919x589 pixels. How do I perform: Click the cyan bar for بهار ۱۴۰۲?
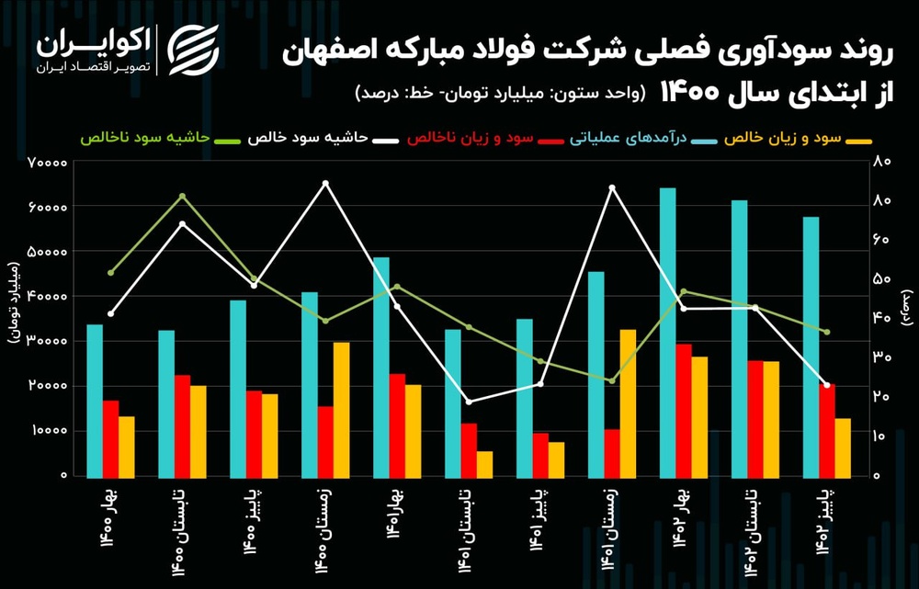pos(667,332)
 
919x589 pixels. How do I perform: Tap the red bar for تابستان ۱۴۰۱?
pos(470,449)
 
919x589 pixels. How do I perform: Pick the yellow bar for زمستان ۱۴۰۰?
pos(341,409)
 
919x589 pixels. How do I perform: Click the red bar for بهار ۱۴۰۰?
pos(110,438)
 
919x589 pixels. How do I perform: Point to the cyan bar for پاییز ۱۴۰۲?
pos(811,346)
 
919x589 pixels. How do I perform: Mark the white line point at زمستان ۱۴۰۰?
pos(325,183)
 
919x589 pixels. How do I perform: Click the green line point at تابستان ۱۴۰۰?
pos(182,196)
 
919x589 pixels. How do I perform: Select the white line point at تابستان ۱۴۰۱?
pos(469,402)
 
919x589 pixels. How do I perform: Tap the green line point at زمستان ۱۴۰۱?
pos(612,380)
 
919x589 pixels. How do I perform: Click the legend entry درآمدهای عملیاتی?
pos(625,139)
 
